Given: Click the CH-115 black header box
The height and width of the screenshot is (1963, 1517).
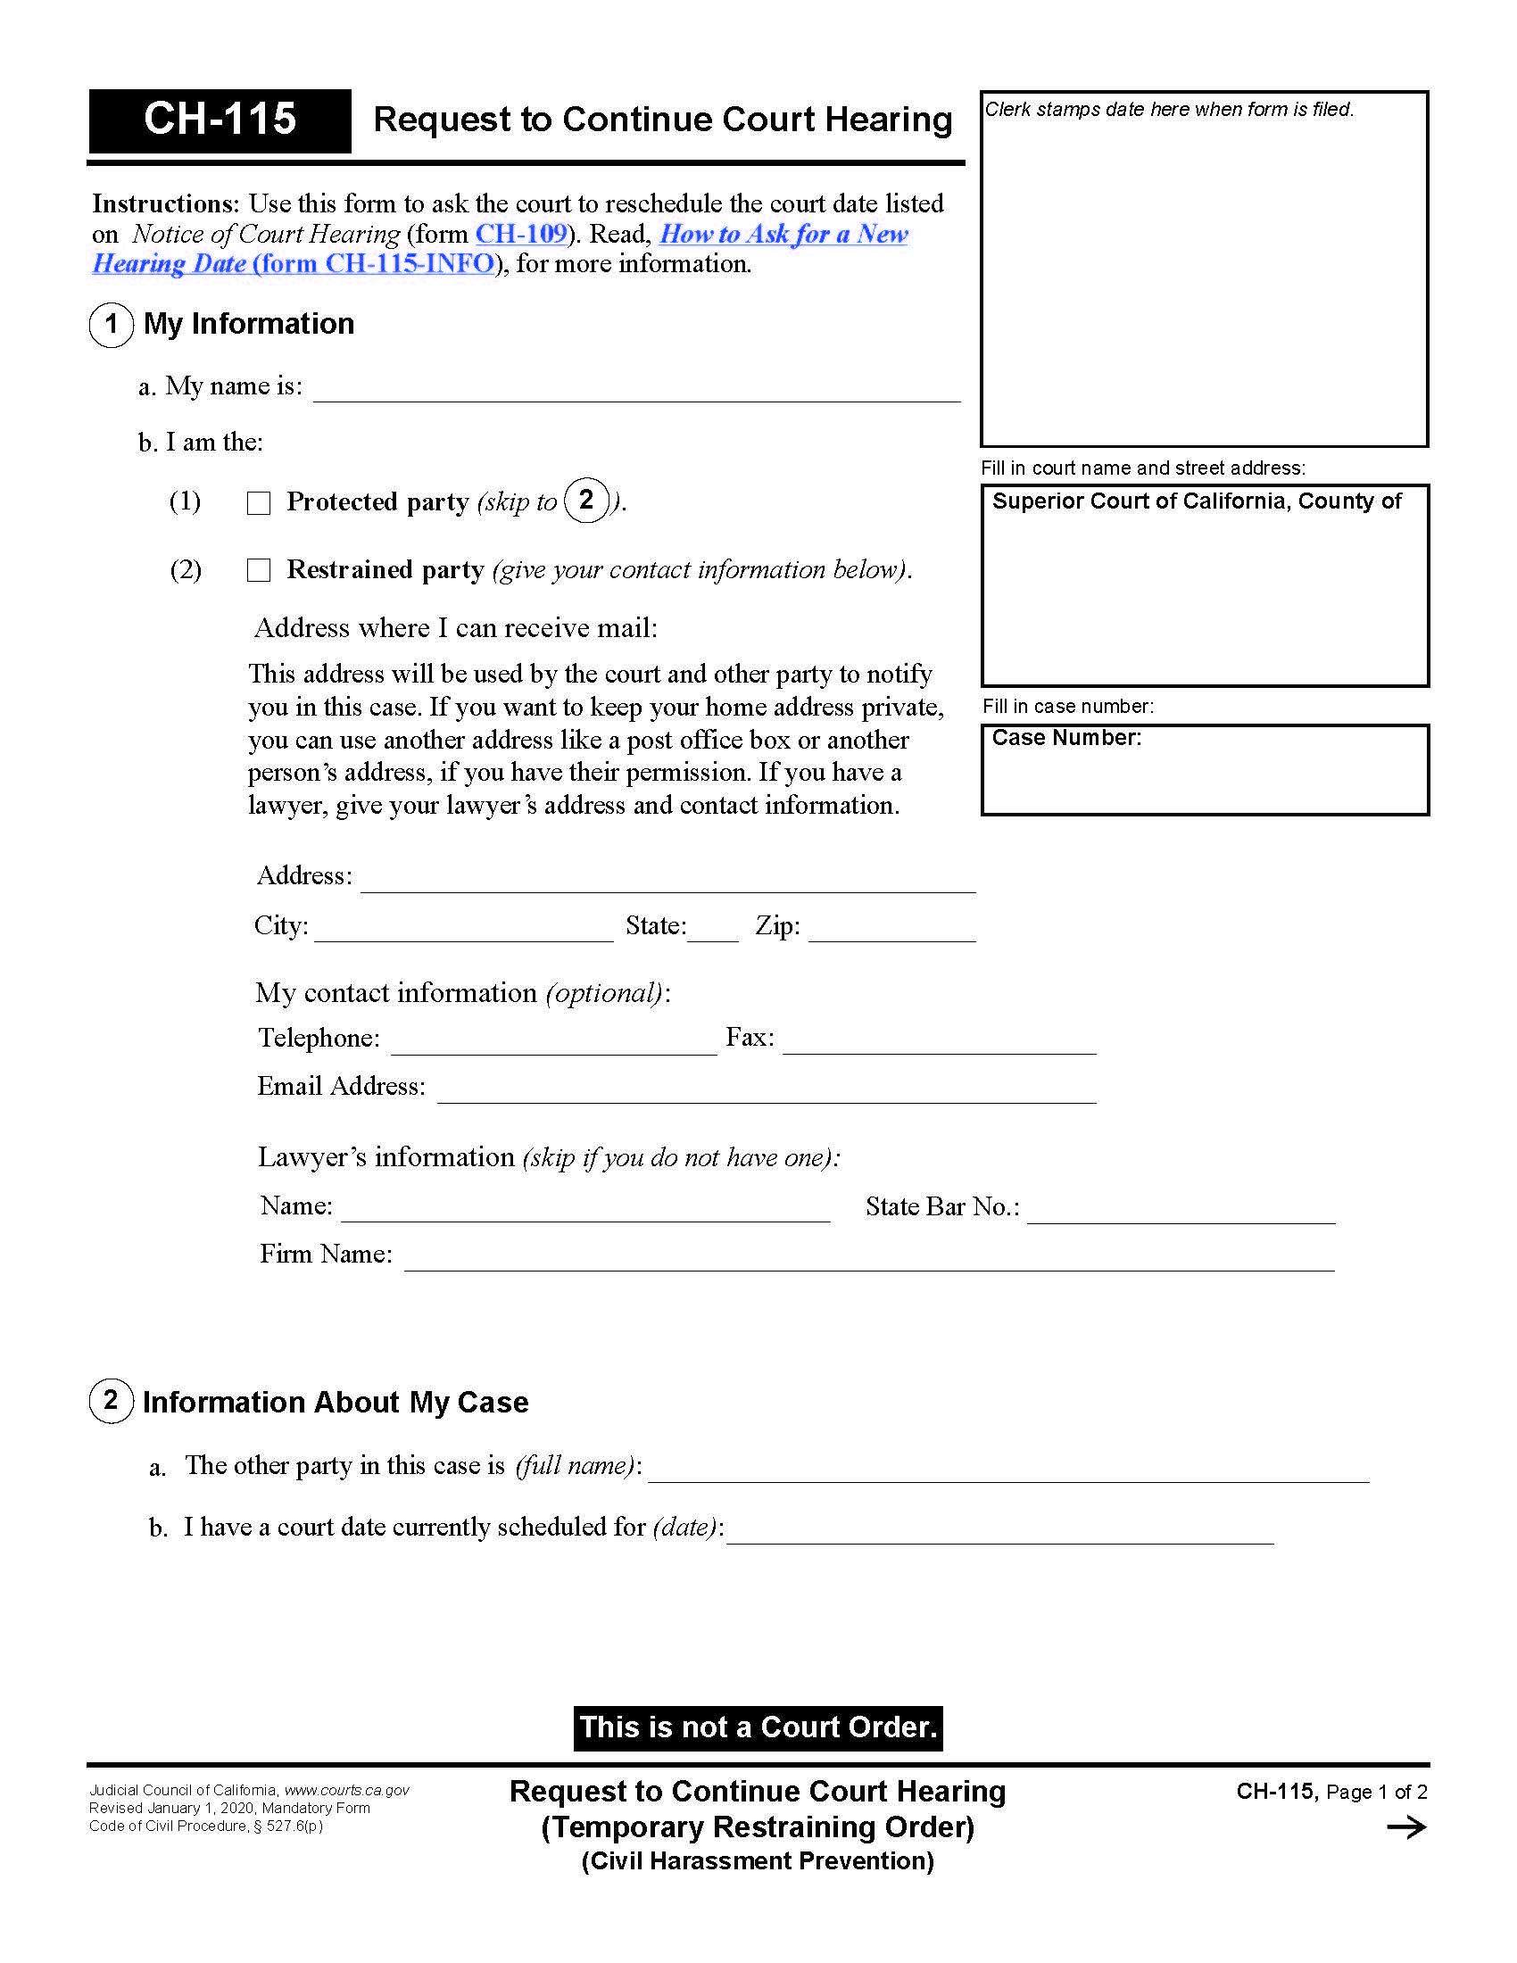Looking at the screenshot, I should coord(220,120).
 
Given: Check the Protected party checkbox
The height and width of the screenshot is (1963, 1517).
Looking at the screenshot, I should coord(259,503).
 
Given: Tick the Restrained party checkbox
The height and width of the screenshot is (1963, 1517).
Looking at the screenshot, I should coord(259,571).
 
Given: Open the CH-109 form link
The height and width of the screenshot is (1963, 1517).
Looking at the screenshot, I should coord(521,234).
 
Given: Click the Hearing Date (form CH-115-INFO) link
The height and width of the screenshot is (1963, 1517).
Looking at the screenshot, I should coord(294,264).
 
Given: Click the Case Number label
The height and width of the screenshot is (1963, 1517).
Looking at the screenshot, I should coord(1066,738).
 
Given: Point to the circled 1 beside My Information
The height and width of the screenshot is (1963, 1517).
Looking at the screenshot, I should coord(112,325).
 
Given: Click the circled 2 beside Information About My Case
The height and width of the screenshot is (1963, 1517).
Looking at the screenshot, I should coord(112,1401).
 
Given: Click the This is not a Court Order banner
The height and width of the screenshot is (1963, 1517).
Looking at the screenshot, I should coord(758,1727).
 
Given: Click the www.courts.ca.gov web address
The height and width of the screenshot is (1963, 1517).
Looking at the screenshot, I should coord(347,1791).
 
